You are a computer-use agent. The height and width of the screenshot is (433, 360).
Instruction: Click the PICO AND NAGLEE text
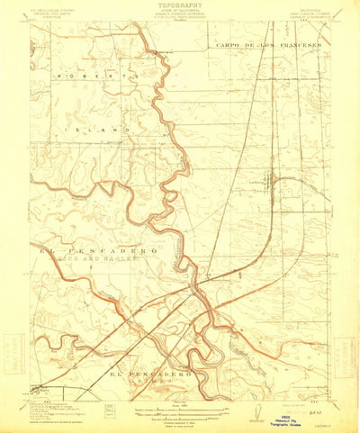click(x=94, y=257)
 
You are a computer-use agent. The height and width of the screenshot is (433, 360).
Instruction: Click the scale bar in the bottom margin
click(x=177, y=406)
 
